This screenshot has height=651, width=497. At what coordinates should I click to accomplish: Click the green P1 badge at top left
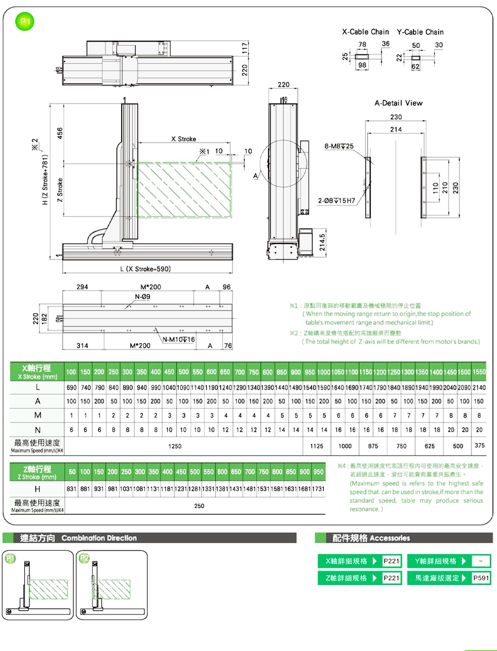pyautogui.click(x=25, y=22)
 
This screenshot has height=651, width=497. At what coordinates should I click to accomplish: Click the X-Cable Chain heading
pyautogui.click(x=365, y=32)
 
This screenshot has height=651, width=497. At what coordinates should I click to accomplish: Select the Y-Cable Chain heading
pyautogui.click(x=420, y=32)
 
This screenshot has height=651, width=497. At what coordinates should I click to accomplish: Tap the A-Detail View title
pyautogui.click(x=398, y=103)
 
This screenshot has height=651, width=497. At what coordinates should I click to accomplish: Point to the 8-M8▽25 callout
pyautogui.click(x=339, y=146)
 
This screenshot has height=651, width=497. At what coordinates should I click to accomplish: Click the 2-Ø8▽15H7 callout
pyautogui.click(x=336, y=201)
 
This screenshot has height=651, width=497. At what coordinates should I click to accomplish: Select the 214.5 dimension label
pyautogui.click(x=322, y=242)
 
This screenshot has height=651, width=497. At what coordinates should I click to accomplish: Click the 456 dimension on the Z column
pyautogui.click(x=60, y=133)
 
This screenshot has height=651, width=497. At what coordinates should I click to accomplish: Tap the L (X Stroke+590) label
pyautogui.click(x=145, y=269)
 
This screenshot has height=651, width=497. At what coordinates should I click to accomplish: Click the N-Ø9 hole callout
pyautogui.click(x=142, y=297)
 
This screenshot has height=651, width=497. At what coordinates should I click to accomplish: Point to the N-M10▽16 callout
pyautogui.click(x=179, y=340)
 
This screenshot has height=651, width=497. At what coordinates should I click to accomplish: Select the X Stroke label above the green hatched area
pyautogui.click(x=184, y=139)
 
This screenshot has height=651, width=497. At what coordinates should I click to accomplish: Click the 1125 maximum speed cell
pyautogui.click(x=317, y=446)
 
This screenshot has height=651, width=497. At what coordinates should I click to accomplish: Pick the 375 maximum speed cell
pyautogui.click(x=479, y=446)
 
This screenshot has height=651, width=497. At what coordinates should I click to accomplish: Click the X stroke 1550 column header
pyautogui.click(x=479, y=372)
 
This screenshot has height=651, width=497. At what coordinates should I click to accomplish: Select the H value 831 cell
pyautogui.click(x=71, y=489)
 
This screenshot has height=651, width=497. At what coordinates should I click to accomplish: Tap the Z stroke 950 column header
pyautogui.click(x=318, y=472)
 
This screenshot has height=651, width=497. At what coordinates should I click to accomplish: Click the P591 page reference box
pyautogui.click(x=481, y=578)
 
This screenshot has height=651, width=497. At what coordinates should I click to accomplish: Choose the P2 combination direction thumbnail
pyautogui.click(x=111, y=585)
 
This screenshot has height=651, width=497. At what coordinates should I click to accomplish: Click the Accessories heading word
pyautogui.click(x=390, y=538)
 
